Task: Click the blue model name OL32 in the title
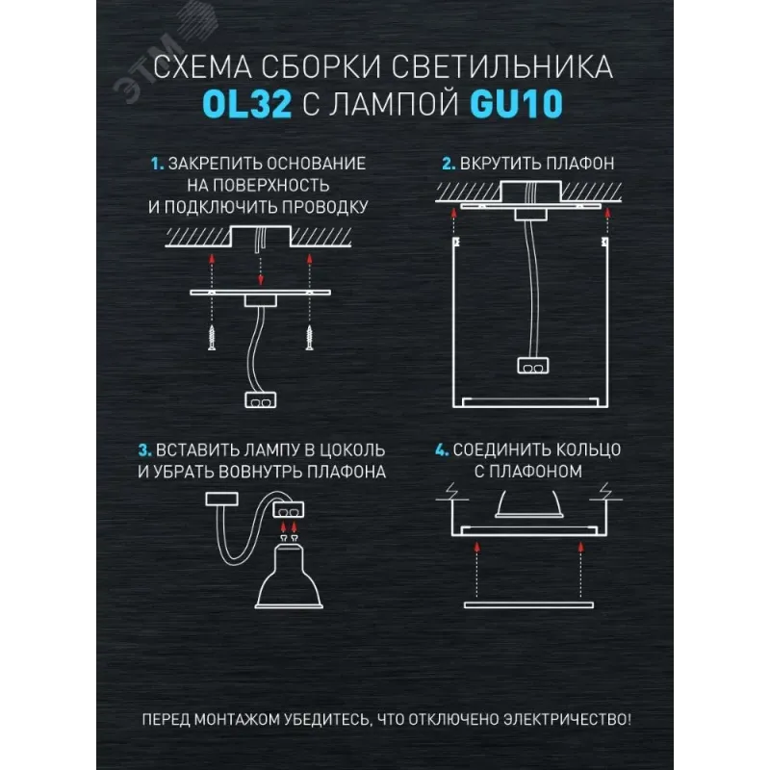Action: tap(247, 104)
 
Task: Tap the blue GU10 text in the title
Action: tap(516, 104)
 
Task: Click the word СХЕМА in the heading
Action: tap(202, 67)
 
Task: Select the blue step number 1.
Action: tap(157, 164)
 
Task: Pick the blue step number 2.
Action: tap(449, 164)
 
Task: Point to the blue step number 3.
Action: tap(145, 449)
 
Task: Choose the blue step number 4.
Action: tap(442, 449)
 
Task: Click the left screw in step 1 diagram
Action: tap(212, 337)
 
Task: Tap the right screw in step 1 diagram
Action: tap(309, 337)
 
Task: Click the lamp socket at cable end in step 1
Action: tap(260, 399)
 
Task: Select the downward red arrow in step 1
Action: tap(261, 270)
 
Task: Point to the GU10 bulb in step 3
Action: tap(289, 576)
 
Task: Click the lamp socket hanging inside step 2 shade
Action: tap(533, 366)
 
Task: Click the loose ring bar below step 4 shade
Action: tap(528, 605)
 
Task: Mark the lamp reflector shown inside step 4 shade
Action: tap(528, 503)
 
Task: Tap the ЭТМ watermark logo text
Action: tap(147, 68)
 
